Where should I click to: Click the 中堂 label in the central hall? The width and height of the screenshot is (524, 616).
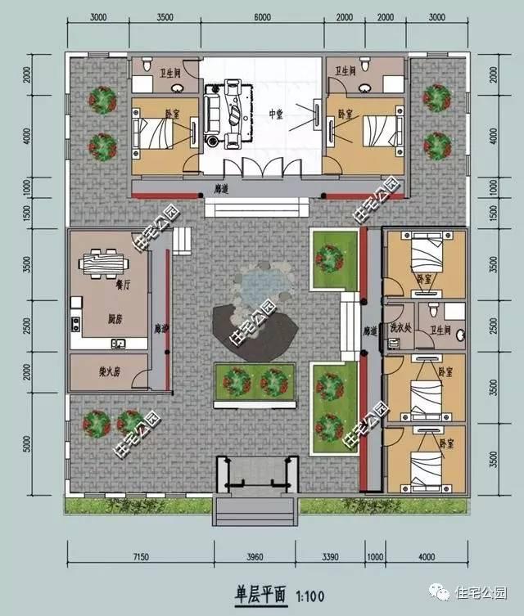[275, 114]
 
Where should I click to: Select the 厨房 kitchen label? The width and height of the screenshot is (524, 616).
[103, 319]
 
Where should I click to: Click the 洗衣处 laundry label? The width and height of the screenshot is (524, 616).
[400, 330]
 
